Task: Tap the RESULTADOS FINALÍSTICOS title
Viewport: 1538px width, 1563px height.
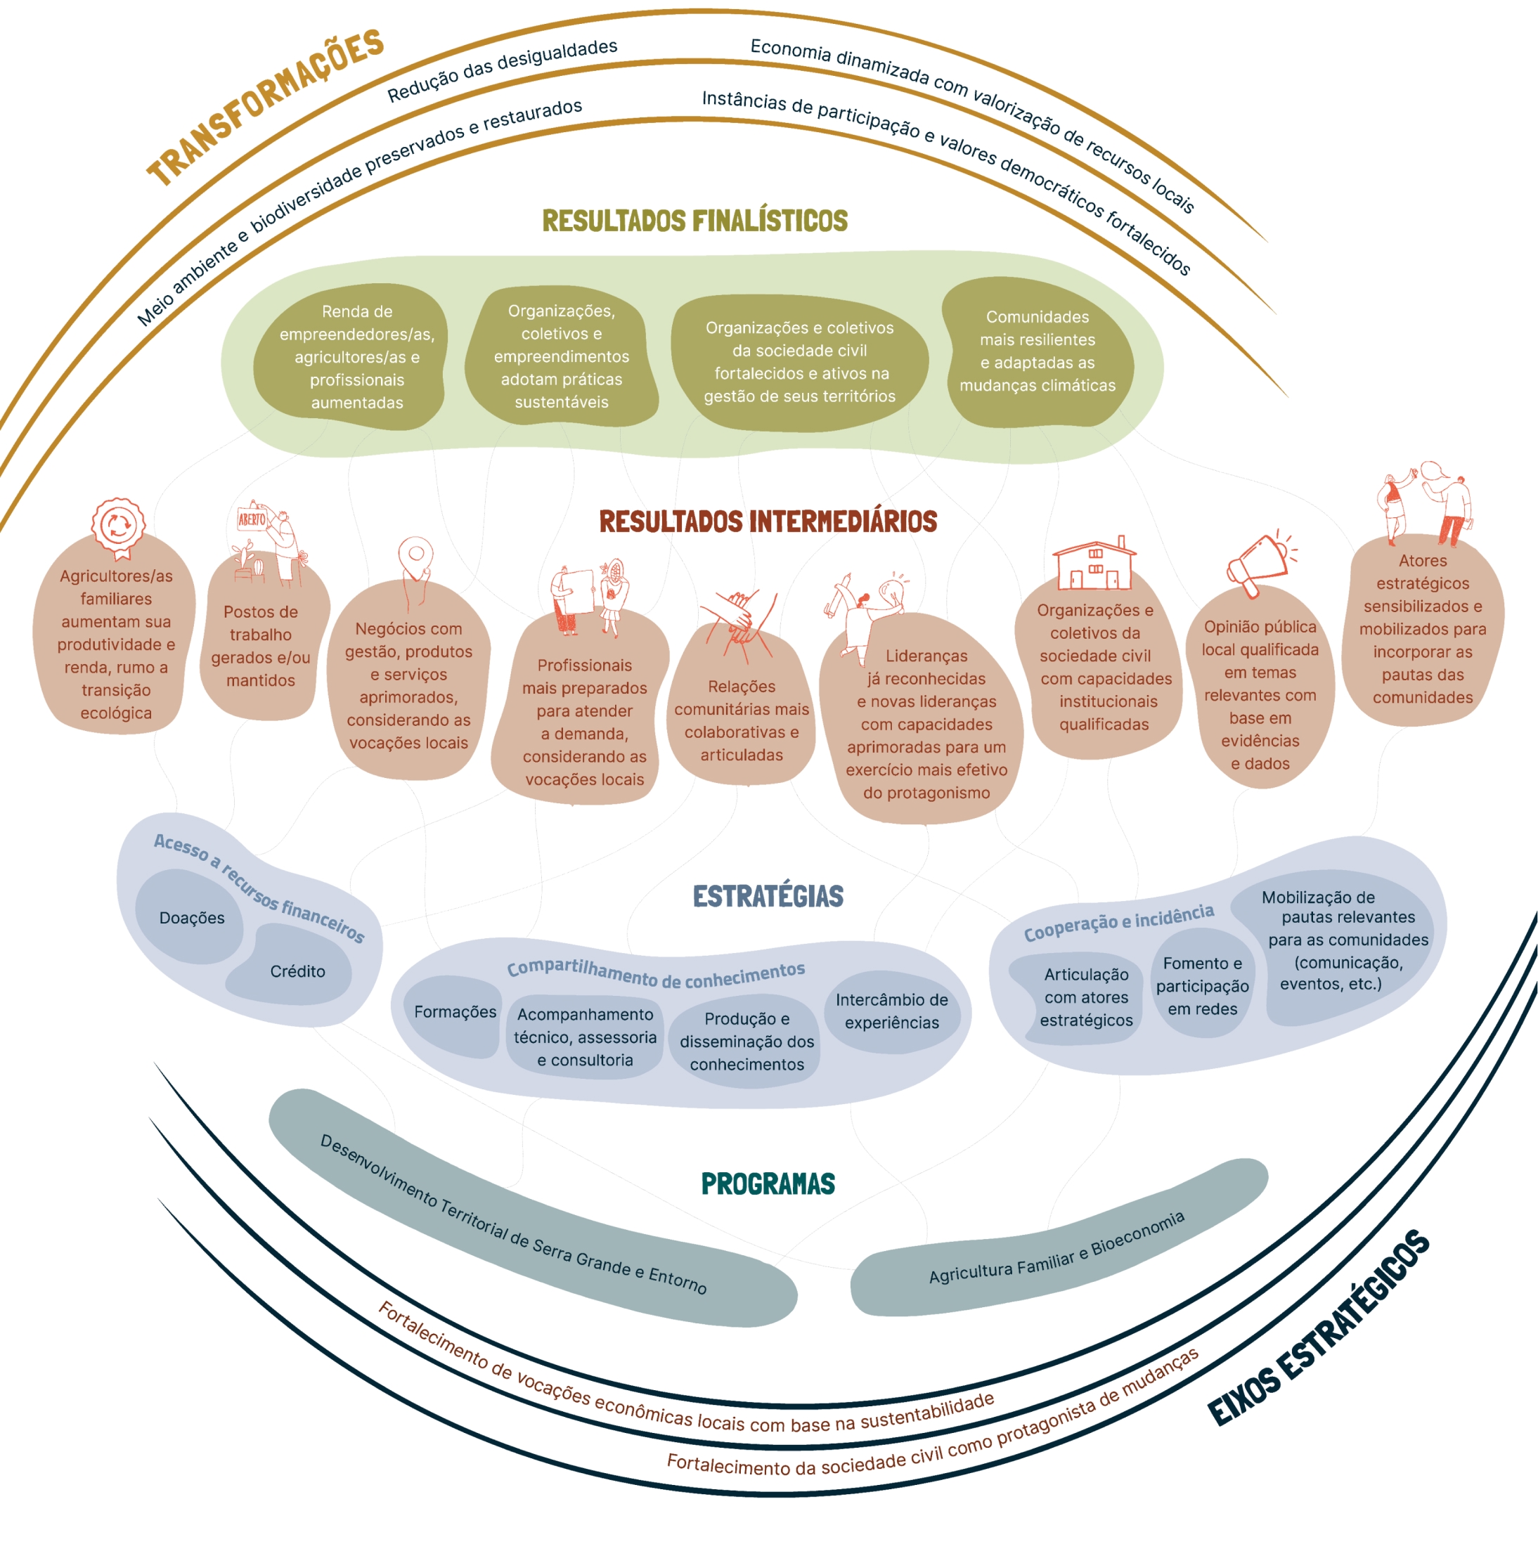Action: click(x=694, y=221)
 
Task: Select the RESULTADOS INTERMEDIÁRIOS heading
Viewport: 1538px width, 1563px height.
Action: click(x=768, y=521)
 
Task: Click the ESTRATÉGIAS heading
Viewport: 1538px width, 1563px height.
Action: click(x=768, y=896)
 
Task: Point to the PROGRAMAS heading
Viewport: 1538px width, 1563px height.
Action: click(x=768, y=1183)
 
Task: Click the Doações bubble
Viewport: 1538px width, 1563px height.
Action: click(x=191, y=918)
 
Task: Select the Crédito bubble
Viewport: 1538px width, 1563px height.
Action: click(x=297, y=971)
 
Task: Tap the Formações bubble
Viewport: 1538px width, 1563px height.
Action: click(x=455, y=1012)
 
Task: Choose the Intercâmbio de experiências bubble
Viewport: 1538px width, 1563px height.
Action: click(x=892, y=1011)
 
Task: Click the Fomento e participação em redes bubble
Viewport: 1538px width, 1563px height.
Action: click(x=1202, y=985)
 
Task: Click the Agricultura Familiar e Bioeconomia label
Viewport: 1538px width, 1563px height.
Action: click(x=1056, y=1247)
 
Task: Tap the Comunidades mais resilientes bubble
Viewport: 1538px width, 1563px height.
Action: click(x=1038, y=351)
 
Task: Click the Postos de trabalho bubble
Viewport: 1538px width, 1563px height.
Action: click(x=260, y=645)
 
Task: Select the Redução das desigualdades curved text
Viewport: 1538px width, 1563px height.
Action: click(x=503, y=70)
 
